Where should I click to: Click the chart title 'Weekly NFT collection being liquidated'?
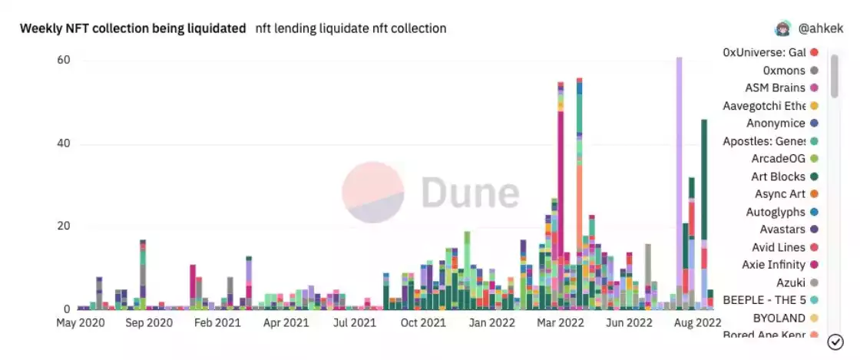pos(133,28)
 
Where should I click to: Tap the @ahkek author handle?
pos(819,28)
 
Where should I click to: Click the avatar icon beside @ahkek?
pos(782,28)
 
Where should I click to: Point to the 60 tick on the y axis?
pos(64,60)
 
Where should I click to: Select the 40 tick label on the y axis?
pos(64,144)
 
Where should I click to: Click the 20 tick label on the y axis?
pos(64,226)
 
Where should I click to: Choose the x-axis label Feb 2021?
pos(217,323)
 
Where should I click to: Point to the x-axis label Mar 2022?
pos(561,323)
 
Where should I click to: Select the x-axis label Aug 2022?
pos(698,323)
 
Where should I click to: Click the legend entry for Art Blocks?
pos(778,177)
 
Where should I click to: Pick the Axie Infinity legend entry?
pos(774,265)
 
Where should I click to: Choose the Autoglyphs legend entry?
pos(776,212)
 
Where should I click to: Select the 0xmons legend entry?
pos(784,70)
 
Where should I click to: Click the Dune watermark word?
pos(469,193)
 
